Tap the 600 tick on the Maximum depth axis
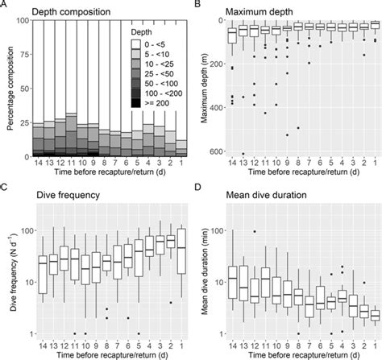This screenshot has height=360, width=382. tap(213, 151)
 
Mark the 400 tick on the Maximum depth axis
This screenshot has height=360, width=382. tap(213, 109)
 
